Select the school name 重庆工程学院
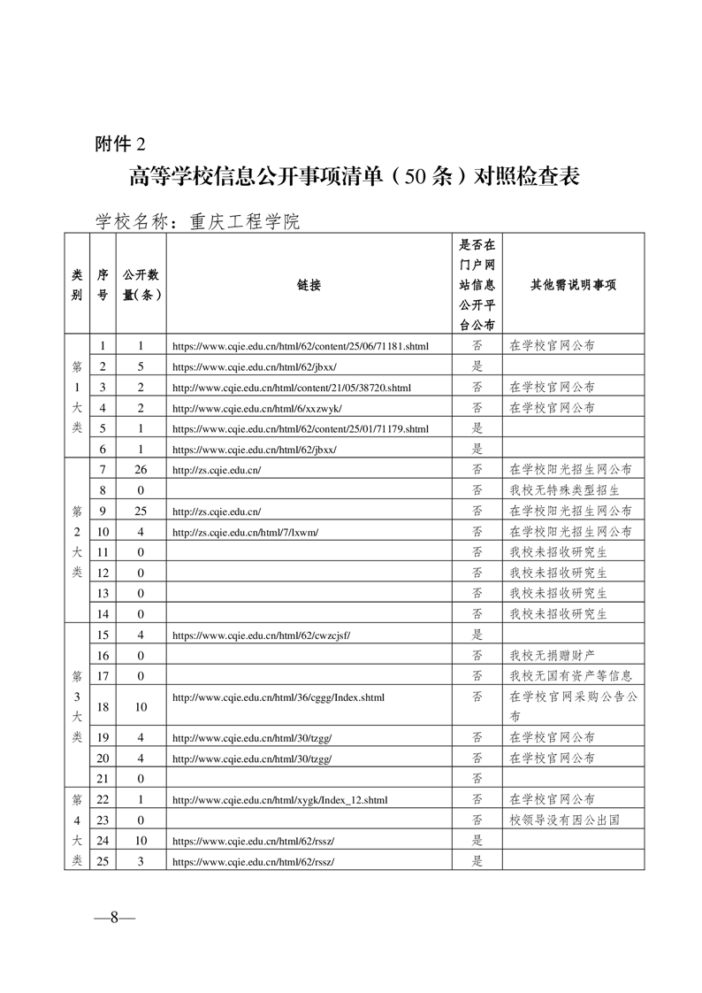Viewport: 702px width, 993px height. click(244, 221)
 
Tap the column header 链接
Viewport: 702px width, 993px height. click(309, 285)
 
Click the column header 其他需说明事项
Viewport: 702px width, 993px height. click(572, 285)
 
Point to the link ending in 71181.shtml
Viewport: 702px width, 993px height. click(300, 346)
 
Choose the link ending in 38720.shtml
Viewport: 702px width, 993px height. click(291, 387)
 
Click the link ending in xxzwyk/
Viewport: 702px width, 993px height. click(256, 408)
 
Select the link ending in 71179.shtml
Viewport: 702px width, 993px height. click(300, 428)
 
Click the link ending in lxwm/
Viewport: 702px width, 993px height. click(245, 532)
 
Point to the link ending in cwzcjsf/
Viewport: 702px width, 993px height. click(261, 635)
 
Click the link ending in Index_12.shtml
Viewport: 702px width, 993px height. click(279, 799)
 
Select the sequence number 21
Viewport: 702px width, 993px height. click(103, 778)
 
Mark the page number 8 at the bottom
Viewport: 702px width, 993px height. click(114, 917)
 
